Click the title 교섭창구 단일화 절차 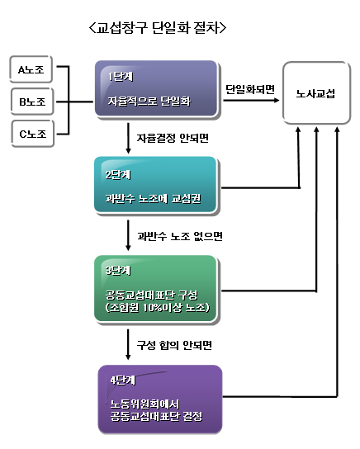[158, 28]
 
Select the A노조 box [31, 69]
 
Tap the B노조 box [32, 102]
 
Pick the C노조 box [33, 134]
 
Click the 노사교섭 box [316, 93]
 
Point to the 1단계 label [121, 77]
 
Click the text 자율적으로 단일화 [149, 101]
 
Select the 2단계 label [118, 174]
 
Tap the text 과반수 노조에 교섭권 [154, 198]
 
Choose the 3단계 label [118, 271]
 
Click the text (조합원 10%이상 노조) [158, 307]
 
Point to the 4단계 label [122, 380]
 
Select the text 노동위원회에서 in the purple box [145, 404]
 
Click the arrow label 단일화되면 [250, 89]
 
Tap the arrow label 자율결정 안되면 [173, 139]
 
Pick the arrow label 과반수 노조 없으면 [180, 236]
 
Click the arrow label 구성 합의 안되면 [174, 345]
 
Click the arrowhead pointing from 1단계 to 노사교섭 [277, 100]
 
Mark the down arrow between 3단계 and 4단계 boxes [128, 344]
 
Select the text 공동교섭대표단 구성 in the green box [151, 295]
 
